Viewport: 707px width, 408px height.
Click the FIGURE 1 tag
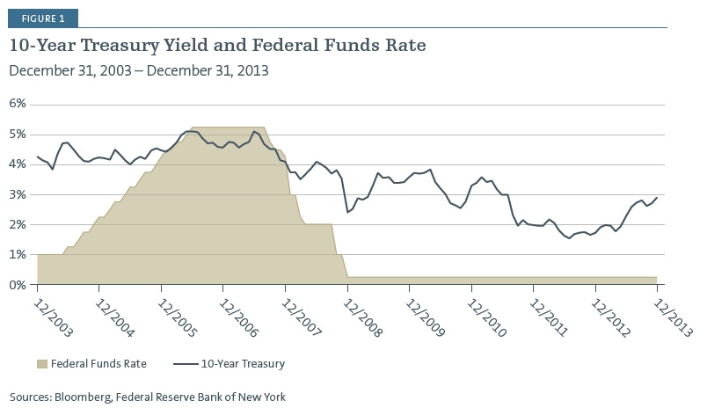42,17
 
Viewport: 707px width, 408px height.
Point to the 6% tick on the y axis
18,103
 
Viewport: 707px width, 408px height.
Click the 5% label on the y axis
18,134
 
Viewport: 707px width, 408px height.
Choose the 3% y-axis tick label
18,194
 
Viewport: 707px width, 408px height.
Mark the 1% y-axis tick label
18,255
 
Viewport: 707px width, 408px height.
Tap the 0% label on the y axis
18,285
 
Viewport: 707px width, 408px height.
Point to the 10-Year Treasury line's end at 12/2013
658,198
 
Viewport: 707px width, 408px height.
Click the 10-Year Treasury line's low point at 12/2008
348,212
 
